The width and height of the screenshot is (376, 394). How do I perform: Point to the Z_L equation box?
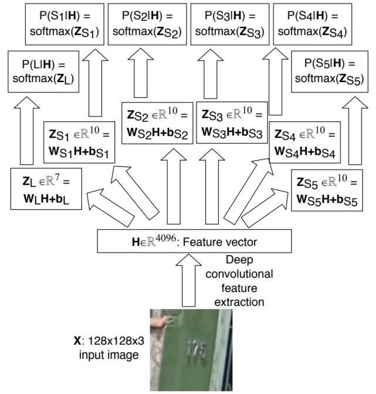[45, 188]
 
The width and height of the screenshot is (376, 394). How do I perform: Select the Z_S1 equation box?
[79, 142]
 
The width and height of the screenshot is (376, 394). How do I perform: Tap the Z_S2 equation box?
[157, 122]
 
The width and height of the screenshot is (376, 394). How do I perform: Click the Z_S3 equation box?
[232, 122]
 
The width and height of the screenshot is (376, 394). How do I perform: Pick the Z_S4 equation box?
[304, 142]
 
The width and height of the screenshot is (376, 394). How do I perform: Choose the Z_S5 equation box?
[327, 188]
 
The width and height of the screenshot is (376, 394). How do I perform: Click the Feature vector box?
[194, 241]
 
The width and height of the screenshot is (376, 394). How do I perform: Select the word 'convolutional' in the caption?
[249, 274]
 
